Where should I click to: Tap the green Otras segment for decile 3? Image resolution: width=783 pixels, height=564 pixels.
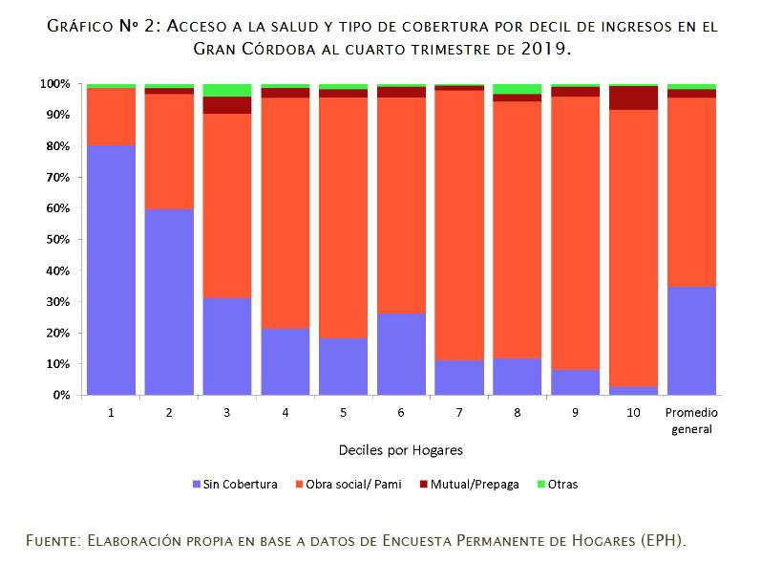point(226,90)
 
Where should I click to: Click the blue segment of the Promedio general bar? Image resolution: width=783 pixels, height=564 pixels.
point(691,340)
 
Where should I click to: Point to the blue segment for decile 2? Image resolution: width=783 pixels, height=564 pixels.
point(169,301)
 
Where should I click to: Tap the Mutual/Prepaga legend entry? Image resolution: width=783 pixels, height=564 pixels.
point(468,484)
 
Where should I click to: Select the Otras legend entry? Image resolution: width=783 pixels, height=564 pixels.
point(555,484)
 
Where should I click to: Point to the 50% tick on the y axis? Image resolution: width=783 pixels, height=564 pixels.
point(59,239)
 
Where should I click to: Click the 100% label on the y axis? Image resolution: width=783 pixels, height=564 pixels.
point(55,84)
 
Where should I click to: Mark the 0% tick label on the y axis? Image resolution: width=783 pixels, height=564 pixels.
point(61,395)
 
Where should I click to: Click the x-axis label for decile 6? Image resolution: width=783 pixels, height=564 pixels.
point(400,413)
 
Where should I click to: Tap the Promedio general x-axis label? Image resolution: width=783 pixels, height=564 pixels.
point(691,421)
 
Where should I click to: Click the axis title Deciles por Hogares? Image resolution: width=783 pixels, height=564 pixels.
point(401,448)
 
